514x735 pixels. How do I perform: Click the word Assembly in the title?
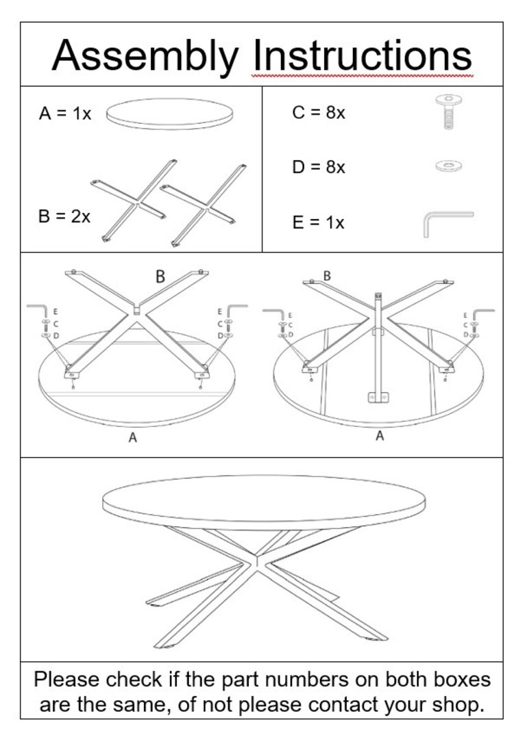pos(145,55)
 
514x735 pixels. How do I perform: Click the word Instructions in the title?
pos(363,55)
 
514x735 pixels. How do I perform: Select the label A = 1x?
pos(65,114)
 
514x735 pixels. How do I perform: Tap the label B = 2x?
pos(64,216)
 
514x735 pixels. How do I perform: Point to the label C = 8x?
pos(318,113)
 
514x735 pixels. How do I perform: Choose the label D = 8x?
pos(318,167)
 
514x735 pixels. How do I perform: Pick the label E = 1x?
pos(318,222)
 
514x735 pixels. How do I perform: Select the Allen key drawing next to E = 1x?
pos(445,222)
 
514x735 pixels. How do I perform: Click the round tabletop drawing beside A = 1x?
pos(169,114)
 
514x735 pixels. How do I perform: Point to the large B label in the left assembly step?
pos(160,277)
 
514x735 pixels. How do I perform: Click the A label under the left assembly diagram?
pos(133,438)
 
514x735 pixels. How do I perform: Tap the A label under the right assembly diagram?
pos(380,435)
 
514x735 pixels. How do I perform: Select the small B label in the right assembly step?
pos(327,276)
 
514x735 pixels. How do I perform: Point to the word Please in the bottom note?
pos(66,680)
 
